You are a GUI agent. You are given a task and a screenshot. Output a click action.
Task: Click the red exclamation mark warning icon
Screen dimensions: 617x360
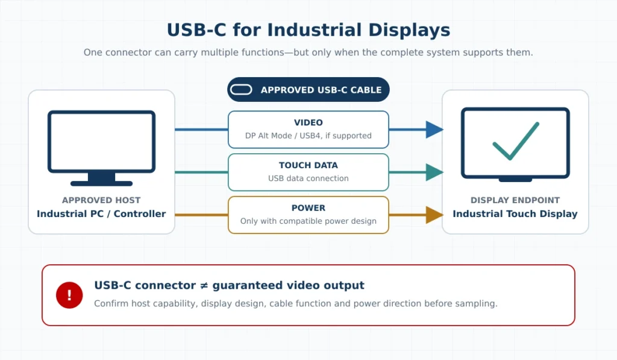[x=69, y=295]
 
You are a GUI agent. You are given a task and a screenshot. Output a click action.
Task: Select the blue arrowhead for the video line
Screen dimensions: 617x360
[x=434, y=130]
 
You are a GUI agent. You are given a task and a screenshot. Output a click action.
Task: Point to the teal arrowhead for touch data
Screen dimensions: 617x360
[x=434, y=172]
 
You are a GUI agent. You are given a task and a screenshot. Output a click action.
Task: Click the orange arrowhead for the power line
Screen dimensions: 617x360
[x=434, y=215]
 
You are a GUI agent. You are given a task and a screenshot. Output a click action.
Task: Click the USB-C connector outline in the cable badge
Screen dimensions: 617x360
[x=241, y=90]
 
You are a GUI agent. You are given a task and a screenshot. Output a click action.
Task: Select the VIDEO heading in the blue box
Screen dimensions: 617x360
[x=308, y=122]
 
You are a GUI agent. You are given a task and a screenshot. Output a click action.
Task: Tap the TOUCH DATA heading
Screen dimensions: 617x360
[x=308, y=165]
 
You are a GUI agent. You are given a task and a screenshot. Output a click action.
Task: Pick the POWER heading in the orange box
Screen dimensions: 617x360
[x=308, y=208]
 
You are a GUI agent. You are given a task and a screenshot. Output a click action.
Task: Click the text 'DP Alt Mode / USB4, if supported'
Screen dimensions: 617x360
[x=308, y=136]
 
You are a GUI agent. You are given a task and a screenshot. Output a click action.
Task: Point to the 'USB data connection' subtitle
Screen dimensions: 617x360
[x=308, y=178]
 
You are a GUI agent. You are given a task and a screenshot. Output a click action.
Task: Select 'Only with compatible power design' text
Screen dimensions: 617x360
[x=308, y=221]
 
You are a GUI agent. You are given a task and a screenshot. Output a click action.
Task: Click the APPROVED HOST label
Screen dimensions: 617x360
[x=101, y=200]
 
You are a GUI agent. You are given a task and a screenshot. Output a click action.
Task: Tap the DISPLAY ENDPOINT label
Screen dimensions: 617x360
[x=515, y=200]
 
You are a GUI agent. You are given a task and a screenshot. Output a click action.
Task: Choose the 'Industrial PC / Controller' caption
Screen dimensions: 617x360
[x=101, y=213]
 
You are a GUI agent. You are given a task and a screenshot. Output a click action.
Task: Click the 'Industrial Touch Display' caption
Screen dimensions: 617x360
[x=515, y=213]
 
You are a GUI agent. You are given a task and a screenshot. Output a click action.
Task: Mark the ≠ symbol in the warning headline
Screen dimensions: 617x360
[x=204, y=285]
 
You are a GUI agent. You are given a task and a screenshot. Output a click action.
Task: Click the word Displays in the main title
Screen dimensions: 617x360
[x=409, y=30]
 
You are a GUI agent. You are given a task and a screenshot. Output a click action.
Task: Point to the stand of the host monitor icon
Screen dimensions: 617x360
[x=101, y=179]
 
